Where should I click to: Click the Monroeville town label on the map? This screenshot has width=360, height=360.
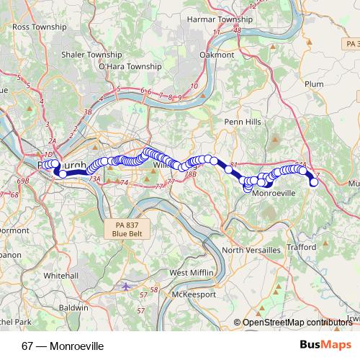[x=276, y=194]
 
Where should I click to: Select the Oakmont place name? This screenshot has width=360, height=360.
[x=217, y=54]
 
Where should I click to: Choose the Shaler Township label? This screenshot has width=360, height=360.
[x=71, y=53]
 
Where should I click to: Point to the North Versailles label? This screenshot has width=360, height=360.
[x=252, y=249]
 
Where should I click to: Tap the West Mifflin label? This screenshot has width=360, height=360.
[x=192, y=273]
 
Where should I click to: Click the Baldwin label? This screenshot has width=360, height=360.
[x=72, y=307]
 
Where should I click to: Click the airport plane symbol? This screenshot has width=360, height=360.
[x=127, y=287]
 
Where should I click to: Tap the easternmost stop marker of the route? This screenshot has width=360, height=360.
[x=314, y=182]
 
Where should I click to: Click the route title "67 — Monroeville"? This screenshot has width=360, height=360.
[x=63, y=346]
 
